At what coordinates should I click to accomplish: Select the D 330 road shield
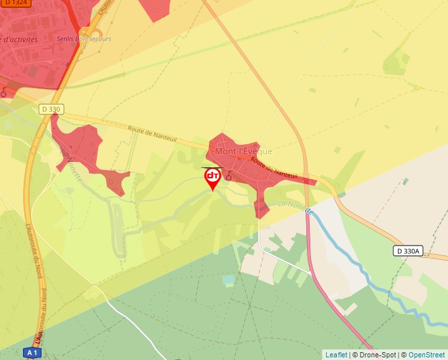[51, 109]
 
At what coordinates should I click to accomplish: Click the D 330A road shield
[408, 251]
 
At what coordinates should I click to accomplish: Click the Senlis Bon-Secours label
[84, 39]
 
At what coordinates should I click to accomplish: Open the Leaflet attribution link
[336, 355]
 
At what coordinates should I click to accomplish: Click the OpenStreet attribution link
[426, 355]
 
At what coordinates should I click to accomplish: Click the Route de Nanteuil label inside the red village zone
[274, 169]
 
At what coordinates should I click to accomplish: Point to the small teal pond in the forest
[228, 280]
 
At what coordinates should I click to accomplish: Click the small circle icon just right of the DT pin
[229, 176]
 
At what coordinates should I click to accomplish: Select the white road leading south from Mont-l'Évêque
[260, 237]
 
